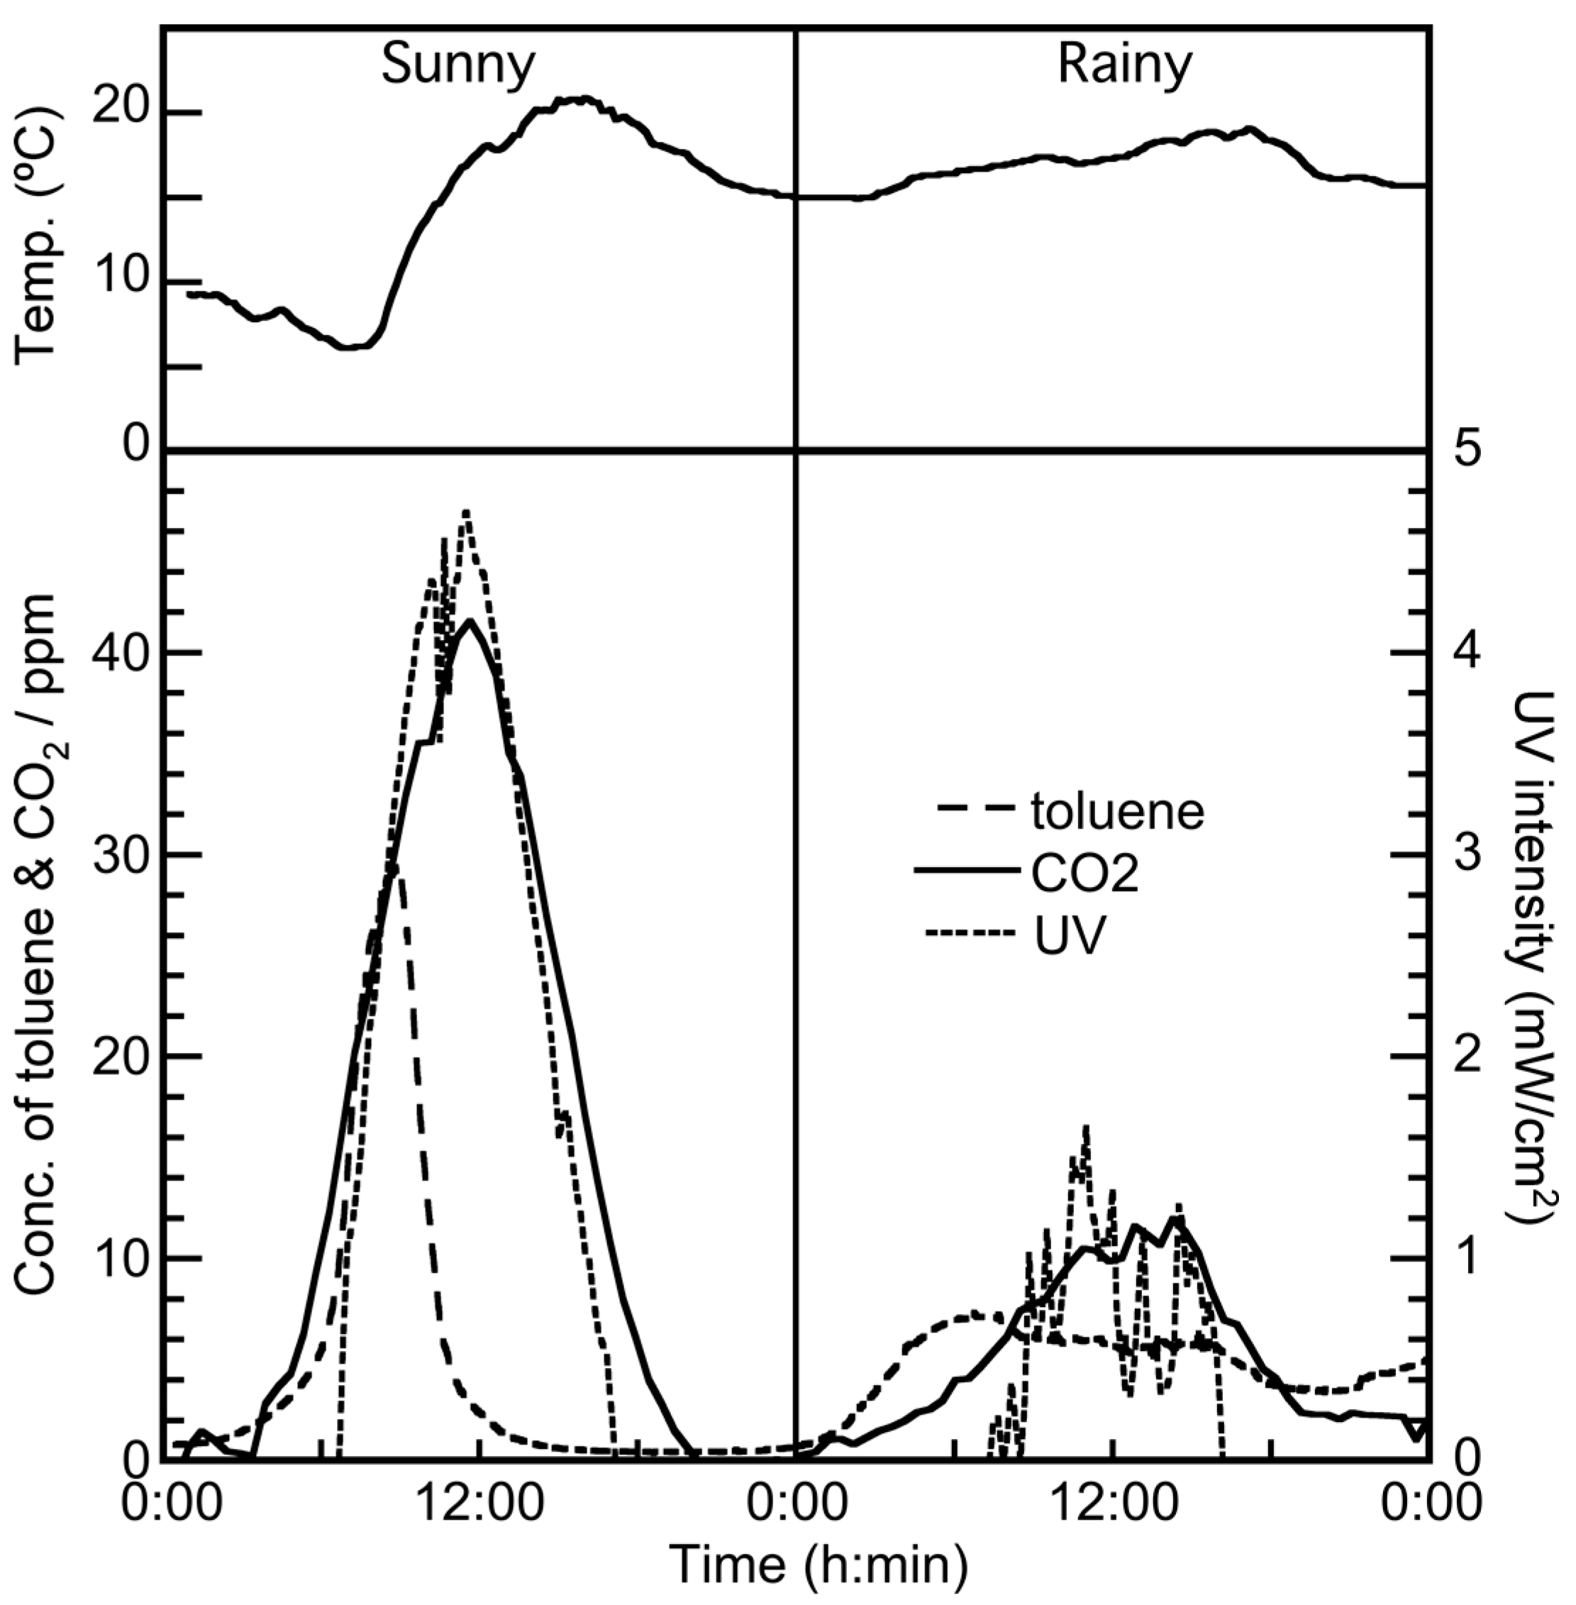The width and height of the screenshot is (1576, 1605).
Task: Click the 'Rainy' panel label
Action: (1124, 65)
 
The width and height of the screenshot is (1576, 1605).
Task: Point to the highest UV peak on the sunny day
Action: (467, 512)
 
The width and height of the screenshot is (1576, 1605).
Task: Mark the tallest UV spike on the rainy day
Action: (1085, 1127)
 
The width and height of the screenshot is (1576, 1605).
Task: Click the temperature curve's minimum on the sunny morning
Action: (348, 347)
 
